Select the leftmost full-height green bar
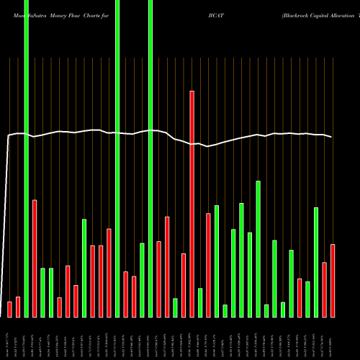point(26,158)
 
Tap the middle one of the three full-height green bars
point(117,158)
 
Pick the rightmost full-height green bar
point(150,158)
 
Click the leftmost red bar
point(9,309)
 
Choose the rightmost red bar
point(333,281)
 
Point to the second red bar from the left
point(18,307)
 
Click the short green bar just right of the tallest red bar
point(200,302)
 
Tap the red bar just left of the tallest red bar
point(184,285)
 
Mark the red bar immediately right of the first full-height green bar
point(35,258)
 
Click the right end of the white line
point(332,137)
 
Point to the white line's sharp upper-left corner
point(9,135)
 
